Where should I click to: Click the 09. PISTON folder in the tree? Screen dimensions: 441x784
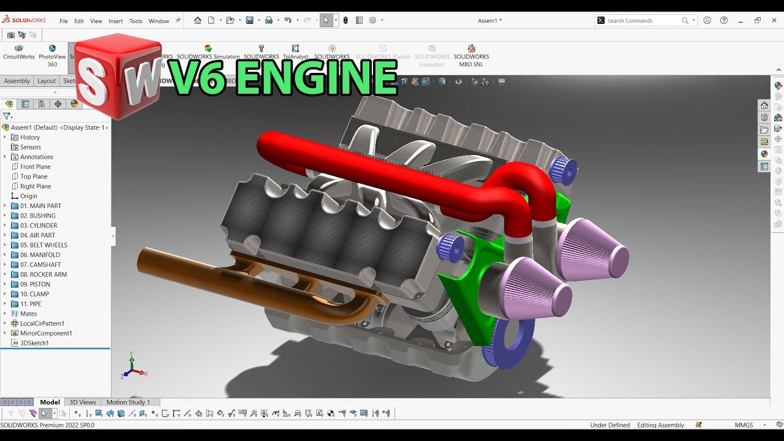[35, 284]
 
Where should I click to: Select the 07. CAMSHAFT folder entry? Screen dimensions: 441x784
[40, 265]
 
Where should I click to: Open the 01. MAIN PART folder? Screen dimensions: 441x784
[40, 206]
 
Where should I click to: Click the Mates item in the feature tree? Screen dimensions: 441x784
[28, 314]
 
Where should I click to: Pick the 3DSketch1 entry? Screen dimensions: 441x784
[34, 343]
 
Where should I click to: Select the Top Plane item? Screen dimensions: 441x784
[34, 176]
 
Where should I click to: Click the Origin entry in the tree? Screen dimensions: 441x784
[28, 196]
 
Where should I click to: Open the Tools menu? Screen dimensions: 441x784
[135, 21]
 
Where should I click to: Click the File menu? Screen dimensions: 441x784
[64, 21]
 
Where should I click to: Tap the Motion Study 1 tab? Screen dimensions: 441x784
[128, 402]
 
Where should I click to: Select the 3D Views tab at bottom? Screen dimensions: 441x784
[82, 402]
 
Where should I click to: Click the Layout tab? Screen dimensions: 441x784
[47, 81]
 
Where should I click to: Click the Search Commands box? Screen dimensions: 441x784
[643, 21]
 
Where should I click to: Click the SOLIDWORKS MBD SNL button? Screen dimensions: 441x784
[471, 56]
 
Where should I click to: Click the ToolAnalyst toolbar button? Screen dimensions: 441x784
[295, 52]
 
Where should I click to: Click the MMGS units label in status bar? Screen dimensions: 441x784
[744, 425]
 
